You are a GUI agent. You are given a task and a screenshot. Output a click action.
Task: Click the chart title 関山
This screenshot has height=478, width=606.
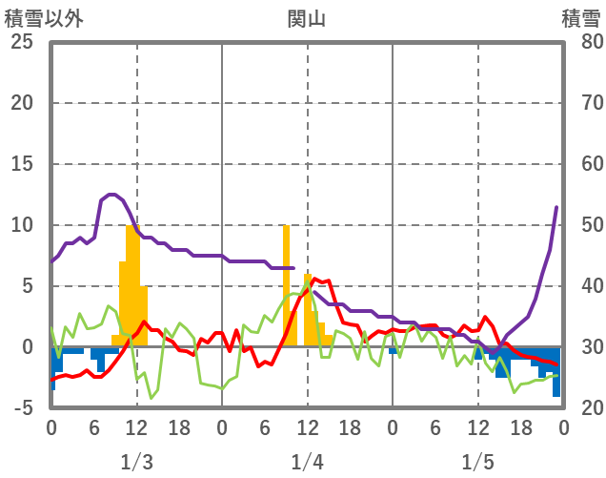tap(306, 18)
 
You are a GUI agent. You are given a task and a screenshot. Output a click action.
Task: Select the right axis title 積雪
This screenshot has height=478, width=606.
tap(579, 18)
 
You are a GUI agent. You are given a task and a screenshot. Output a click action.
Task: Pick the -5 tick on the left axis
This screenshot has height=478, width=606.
tap(23, 408)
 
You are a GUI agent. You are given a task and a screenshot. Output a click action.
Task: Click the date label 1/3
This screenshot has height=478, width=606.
tap(136, 463)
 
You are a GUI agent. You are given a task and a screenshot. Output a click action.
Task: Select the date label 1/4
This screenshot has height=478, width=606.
tap(307, 463)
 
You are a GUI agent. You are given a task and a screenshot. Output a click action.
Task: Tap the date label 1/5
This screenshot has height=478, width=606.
tap(478, 463)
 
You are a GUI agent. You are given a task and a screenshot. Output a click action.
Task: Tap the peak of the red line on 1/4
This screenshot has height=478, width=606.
tap(314, 280)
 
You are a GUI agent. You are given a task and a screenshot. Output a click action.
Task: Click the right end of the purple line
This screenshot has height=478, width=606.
tap(556, 207)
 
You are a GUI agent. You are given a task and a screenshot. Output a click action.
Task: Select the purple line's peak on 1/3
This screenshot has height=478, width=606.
tap(111, 195)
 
